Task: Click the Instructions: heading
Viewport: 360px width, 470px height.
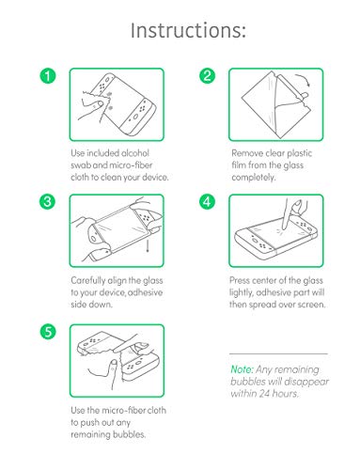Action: click(x=188, y=30)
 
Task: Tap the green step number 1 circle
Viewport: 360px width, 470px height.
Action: click(x=48, y=76)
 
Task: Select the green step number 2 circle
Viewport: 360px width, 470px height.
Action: click(x=208, y=75)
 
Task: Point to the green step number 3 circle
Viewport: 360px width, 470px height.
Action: click(x=48, y=201)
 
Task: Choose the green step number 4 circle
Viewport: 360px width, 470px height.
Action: click(x=208, y=201)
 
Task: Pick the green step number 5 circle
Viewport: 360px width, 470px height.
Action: click(x=48, y=331)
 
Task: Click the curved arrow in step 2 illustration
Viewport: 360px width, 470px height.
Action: click(x=304, y=78)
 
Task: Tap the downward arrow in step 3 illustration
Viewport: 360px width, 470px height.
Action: click(x=148, y=245)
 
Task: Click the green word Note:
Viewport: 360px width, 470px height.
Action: click(x=242, y=369)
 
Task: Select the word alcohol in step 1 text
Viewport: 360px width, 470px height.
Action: click(x=135, y=153)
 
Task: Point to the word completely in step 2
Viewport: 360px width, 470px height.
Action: click(x=254, y=178)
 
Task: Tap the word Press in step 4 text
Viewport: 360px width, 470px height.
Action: click(x=240, y=280)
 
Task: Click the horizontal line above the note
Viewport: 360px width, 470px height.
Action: click(x=278, y=353)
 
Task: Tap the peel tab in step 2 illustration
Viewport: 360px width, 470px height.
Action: click(x=305, y=94)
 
